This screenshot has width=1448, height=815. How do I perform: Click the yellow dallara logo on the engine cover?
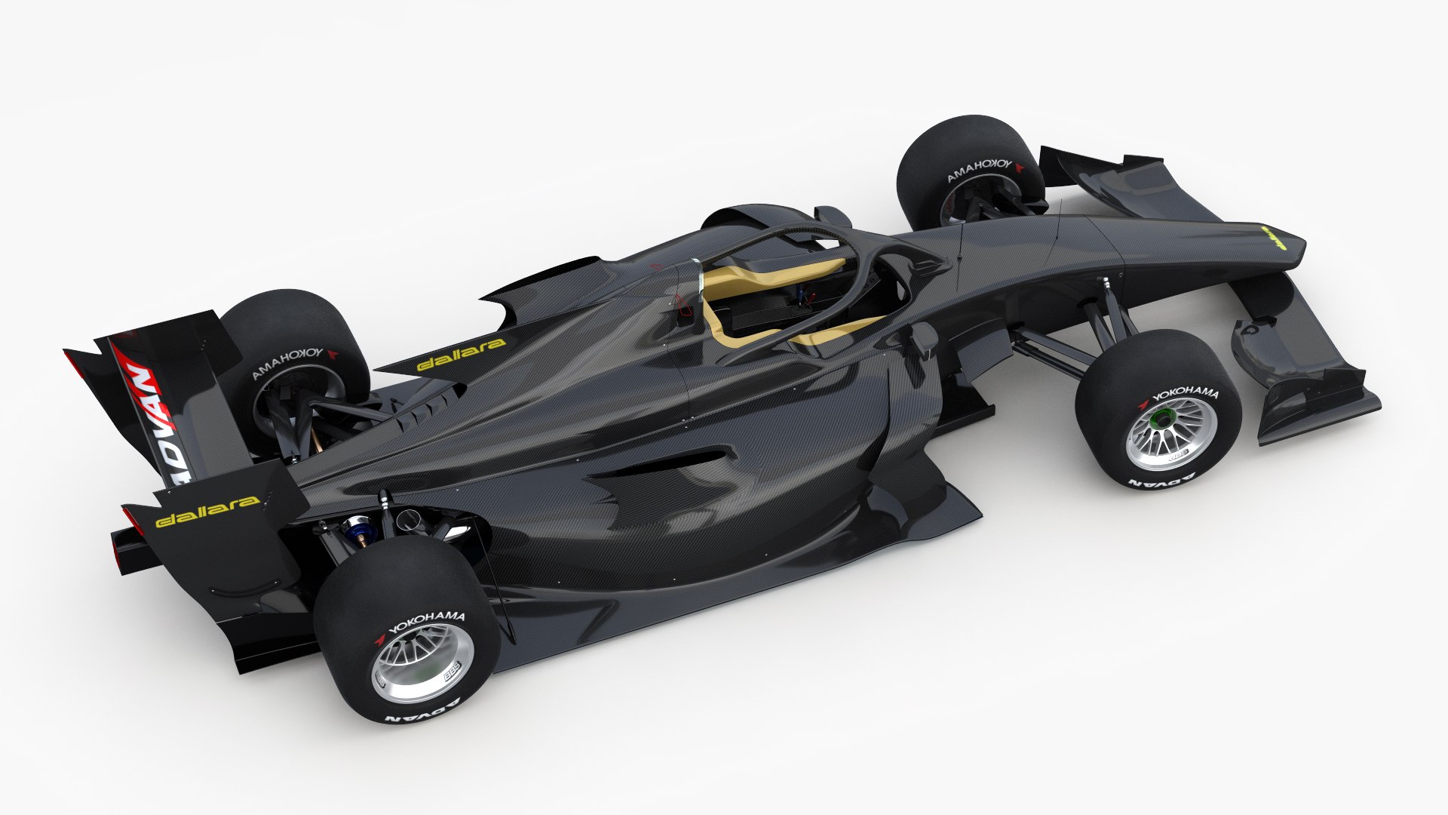coord(461,354)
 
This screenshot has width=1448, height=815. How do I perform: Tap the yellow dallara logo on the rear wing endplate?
coord(207,511)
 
